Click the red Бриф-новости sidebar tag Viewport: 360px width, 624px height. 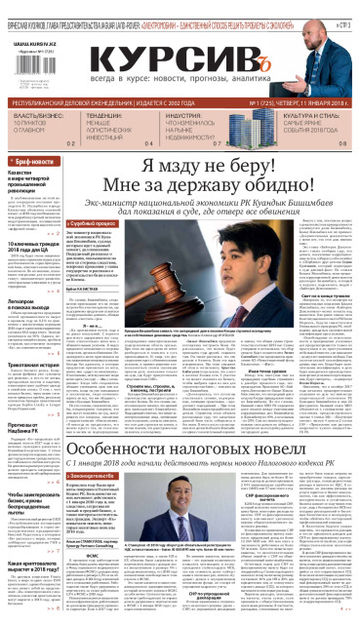pyautogui.click(x=35, y=160)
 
